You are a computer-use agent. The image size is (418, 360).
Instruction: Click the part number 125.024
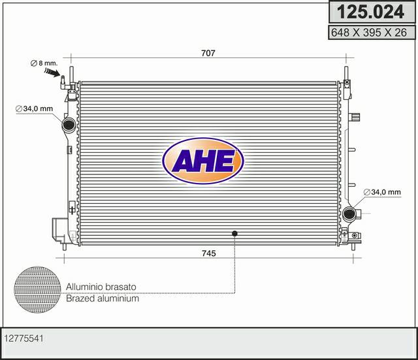pos(370,12)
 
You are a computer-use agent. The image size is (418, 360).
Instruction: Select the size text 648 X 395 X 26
pos(369,33)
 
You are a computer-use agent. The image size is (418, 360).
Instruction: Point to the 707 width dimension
pos(208,53)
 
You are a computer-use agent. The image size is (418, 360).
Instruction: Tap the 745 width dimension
pos(208,253)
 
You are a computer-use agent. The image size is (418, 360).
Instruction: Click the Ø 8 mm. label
pos(44,63)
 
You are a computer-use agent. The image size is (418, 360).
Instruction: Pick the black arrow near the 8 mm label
pos(52,72)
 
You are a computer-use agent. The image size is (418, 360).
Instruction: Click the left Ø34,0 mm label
pos(34,109)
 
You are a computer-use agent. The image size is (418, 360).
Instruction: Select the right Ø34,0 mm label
pos(382,192)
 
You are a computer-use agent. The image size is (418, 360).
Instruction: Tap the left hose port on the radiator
pos(69,125)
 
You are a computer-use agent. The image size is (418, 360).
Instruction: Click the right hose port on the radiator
pos(349,213)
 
